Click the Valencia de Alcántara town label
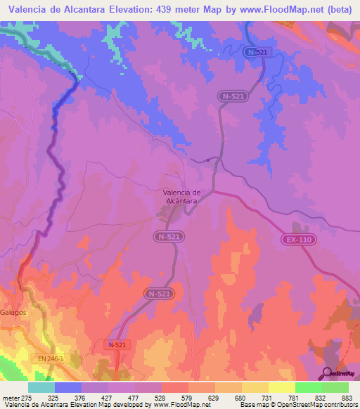pyautogui.click(x=182, y=197)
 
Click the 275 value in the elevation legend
pyautogui.click(x=25, y=397)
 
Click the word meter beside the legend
pyautogui.click(x=9, y=397)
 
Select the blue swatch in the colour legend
pyautogui.click(x=68, y=387)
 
